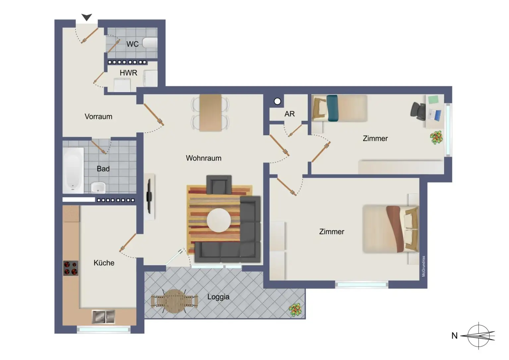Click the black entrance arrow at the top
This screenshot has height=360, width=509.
pos(87,17)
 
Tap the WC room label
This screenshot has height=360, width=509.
pos(132,44)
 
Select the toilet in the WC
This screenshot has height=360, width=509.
pos(150,43)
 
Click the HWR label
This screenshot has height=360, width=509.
pos(128,73)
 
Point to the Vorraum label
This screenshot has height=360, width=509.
pos(98,117)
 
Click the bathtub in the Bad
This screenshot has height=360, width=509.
pos(73,170)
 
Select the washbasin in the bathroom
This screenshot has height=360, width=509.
pos(98,188)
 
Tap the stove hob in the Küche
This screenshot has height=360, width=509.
pos(71,268)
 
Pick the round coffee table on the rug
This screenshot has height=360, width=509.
pos(219,220)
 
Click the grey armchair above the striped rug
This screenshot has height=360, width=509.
pos(219,185)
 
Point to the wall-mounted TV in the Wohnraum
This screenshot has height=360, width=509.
pos(149,196)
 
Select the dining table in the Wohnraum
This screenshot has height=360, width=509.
pos(210,113)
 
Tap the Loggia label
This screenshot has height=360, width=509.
pos(218,297)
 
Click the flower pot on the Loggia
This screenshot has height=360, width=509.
pos(295,310)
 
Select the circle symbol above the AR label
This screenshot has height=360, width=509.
pos(277,101)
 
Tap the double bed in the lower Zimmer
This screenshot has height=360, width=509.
pos(390,229)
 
